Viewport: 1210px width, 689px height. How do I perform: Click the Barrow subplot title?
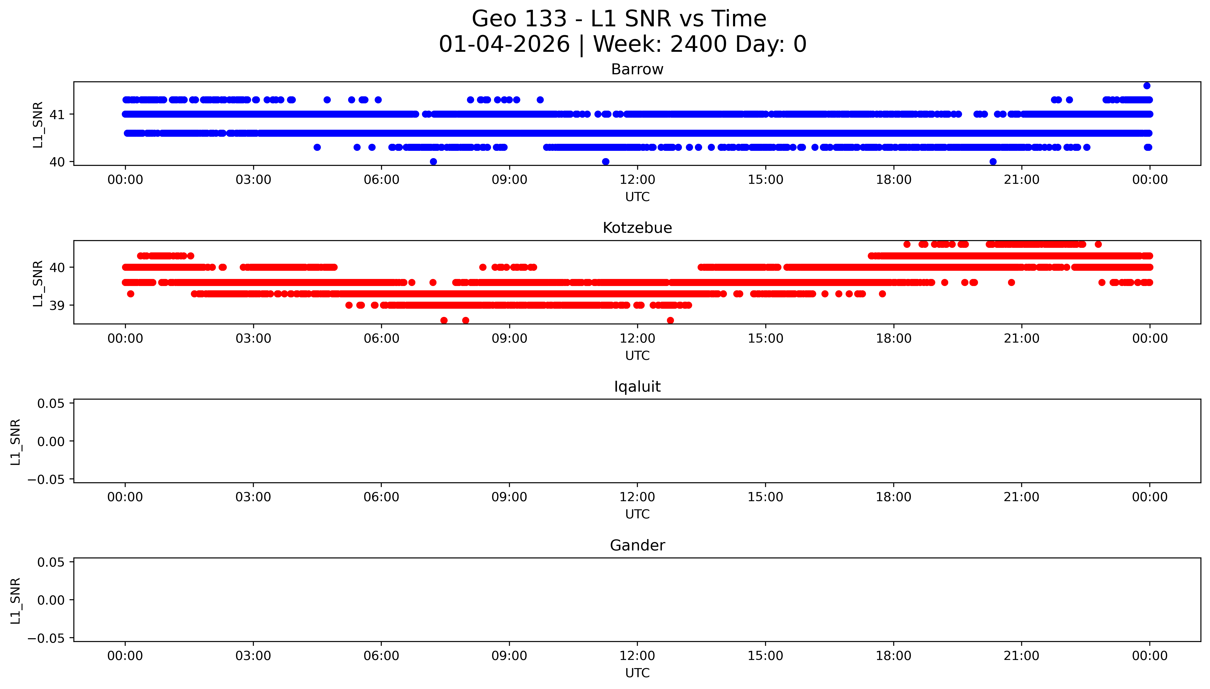pos(637,70)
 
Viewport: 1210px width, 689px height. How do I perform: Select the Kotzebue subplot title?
pos(637,228)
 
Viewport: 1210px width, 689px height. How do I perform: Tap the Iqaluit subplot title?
pos(637,387)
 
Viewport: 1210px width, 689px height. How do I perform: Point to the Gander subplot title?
pos(637,546)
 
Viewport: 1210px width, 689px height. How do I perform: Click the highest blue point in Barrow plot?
pos(1147,86)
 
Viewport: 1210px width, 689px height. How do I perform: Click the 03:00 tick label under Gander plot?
pos(253,656)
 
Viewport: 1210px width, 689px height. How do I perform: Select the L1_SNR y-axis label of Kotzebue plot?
pos(38,283)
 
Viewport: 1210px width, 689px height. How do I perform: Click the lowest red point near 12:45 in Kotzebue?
pos(670,320)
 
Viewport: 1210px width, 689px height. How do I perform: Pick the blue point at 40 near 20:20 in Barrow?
pos(993,162)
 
